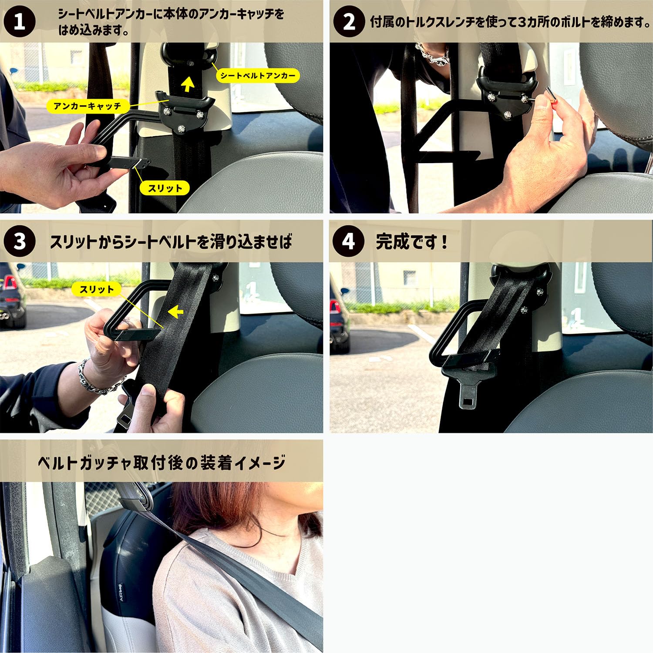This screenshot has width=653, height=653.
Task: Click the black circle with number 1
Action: (20, 21)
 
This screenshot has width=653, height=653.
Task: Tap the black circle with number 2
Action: (349, 21)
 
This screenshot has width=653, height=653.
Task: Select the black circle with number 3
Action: (20, 241)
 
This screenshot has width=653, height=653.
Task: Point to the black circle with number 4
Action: (349, 241)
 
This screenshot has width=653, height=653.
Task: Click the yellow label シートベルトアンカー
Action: (258, 75)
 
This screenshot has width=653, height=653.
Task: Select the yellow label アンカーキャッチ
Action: (87, 106)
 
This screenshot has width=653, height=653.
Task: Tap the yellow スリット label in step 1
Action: (165, 188)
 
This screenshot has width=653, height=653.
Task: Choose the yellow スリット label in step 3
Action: (96, 289)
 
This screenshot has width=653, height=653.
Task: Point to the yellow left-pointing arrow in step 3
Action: (175, 311)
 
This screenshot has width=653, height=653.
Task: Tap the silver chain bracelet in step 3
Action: (92, 378)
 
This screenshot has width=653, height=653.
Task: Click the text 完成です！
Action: (411, 241)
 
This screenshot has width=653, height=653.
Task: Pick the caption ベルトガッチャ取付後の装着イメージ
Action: (162, 462)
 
